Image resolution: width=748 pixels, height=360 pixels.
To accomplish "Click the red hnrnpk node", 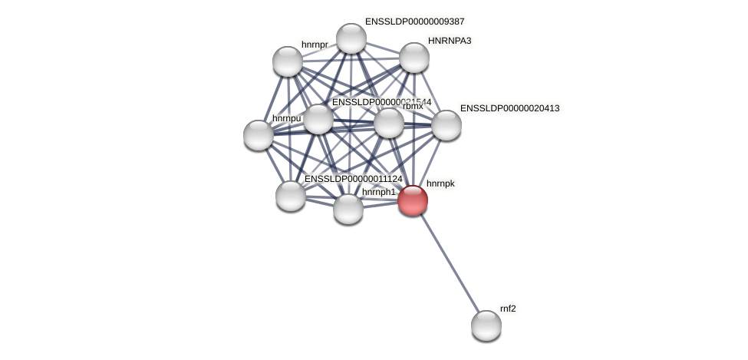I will [x=412, y=200].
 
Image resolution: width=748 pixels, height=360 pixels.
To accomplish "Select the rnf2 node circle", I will [x=486, y=325].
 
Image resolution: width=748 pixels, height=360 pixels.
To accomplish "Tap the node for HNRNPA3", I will [x=414, y=58].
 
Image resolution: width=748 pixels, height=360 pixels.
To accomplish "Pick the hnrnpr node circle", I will [x=288, y=61].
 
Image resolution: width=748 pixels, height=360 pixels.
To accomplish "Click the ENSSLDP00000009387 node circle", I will [x=351, y=38].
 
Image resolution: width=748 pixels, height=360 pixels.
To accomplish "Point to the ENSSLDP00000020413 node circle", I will [x=446, y=125].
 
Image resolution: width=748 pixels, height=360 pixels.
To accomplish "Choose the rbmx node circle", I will [x=388, y=123].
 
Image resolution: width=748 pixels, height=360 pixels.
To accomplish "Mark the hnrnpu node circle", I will [x=259, y=135].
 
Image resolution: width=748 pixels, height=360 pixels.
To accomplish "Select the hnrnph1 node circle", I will [x=348, y=208].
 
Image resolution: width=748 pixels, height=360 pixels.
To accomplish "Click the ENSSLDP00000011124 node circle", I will [x=291, y=195].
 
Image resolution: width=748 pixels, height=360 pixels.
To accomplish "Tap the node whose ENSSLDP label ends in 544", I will [x=318, y=119].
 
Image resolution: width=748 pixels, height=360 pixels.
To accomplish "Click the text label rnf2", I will [x=508, y=309].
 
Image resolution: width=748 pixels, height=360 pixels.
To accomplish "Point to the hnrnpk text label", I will [x=440, y=183].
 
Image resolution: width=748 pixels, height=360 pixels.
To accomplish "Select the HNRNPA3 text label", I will [x=450, y=41].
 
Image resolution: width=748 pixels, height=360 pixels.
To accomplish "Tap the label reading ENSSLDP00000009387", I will [x=414, y=21].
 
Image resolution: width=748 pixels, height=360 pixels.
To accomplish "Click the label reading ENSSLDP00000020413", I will [x=509, y=108].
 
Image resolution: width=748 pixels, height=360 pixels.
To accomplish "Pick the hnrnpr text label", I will [x=315, y=45].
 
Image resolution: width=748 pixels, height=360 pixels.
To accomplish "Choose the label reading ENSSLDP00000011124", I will [x=353, y=179].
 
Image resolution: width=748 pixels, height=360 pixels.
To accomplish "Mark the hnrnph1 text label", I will [x=378, y=192].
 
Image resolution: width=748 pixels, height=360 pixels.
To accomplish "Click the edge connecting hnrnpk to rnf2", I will [x=450, y=263].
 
